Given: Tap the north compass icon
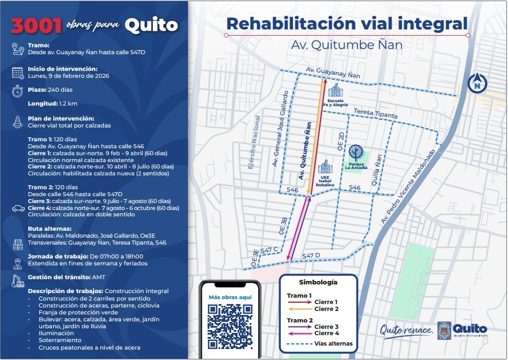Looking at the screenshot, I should [477, 84].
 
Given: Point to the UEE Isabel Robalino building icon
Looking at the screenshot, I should [325, 167].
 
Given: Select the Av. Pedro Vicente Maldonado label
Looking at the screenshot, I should [408, 187].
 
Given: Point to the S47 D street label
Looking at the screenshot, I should [310, 255].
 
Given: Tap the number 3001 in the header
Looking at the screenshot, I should [36, 25].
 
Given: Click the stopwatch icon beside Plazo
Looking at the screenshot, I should [17, 91].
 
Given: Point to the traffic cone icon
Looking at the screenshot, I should [17, 122].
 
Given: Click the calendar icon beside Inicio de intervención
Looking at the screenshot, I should [17, 72].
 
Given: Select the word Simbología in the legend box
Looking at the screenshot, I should [318, 283].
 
